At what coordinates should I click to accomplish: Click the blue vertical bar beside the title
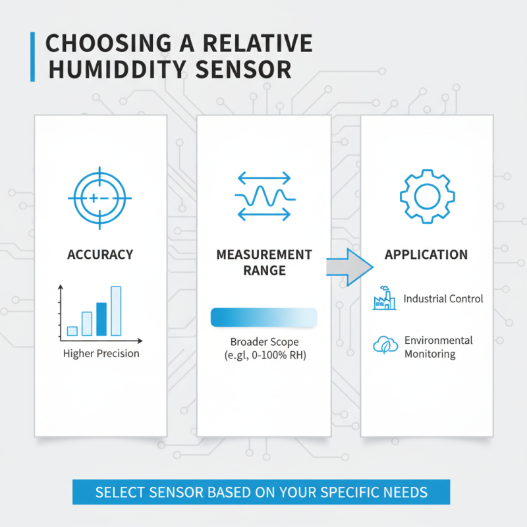tap(32, 57)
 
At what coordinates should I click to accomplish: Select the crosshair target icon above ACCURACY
tap(99, 198)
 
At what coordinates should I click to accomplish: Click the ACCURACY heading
tap(100, 254)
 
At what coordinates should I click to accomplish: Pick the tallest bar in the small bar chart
tap(116, 311)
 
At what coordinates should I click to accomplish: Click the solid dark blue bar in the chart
tap(101, 319)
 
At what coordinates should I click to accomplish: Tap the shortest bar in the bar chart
tap(72, 331)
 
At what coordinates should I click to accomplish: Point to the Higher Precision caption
tap(101, 354)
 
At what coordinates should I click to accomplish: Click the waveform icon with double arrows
tap(263, 196)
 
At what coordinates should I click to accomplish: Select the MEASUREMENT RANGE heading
tap(263, 262)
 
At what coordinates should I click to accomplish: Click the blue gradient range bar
tap(263, 317)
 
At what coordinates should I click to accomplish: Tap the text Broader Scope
tap(264, 342)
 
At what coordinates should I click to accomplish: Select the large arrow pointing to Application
tap(350, 267)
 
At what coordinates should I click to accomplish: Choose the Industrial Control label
tap(443, 298)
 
